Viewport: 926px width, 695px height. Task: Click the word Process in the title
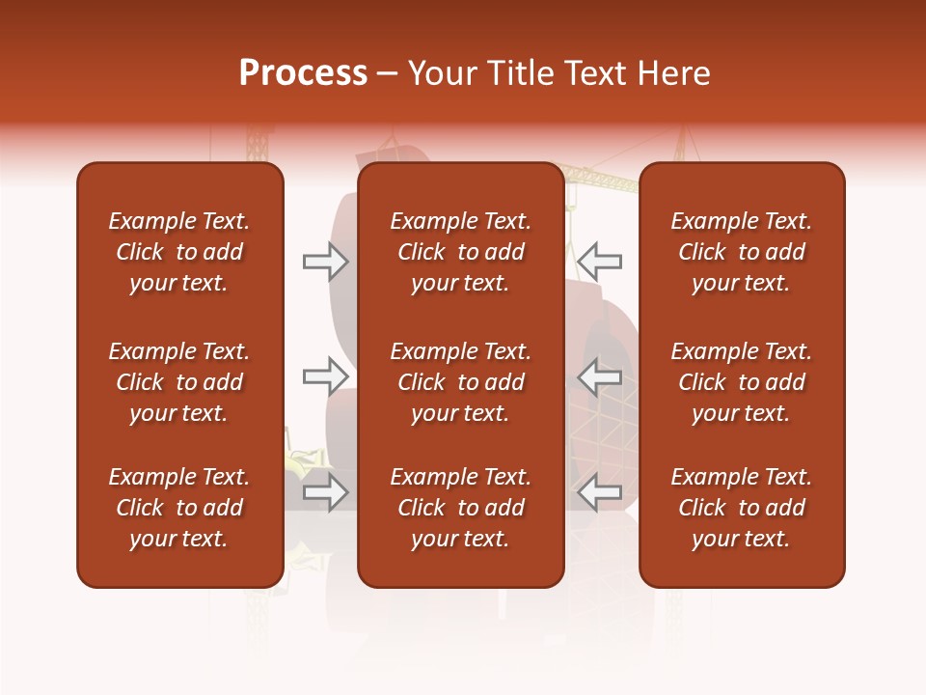click(303, 73)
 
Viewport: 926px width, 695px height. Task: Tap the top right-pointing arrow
click(325, 262)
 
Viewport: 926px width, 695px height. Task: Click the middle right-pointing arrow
click(325, 375)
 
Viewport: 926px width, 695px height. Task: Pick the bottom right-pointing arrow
click(325, 492)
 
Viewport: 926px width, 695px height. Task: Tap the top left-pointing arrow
click(600, 261)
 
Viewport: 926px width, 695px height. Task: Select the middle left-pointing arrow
click(600, 375)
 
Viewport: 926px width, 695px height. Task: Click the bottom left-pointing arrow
click(600, 492)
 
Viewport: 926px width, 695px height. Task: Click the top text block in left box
click(179, 252)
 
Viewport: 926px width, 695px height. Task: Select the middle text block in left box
click(179, 382)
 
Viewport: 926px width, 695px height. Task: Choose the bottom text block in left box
click(179, 508)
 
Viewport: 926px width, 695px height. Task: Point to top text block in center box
click(460, 252)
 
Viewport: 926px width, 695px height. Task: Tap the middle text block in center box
click(460, 382)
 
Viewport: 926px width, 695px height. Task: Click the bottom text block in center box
click(460, 508)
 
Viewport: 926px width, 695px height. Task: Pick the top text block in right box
click(741, 252)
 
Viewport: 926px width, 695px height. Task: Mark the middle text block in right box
click(741, 382)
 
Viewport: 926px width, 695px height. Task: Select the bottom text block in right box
click(741, 508)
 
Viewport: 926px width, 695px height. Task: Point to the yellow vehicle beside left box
click(305, 463)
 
